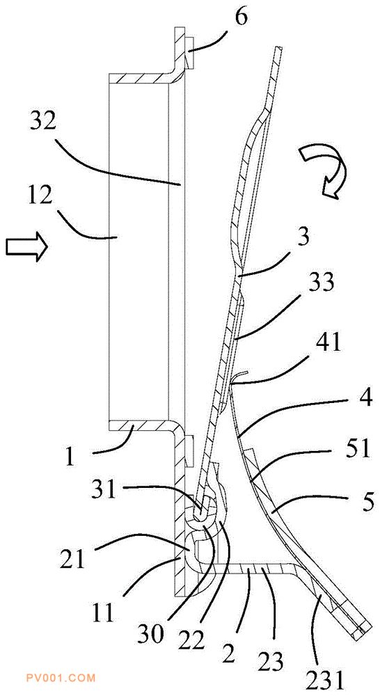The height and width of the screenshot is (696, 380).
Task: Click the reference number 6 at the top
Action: [242, 18]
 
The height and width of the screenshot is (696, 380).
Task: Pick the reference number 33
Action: [322, 284]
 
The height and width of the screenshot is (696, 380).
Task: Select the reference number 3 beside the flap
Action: [303, 238]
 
